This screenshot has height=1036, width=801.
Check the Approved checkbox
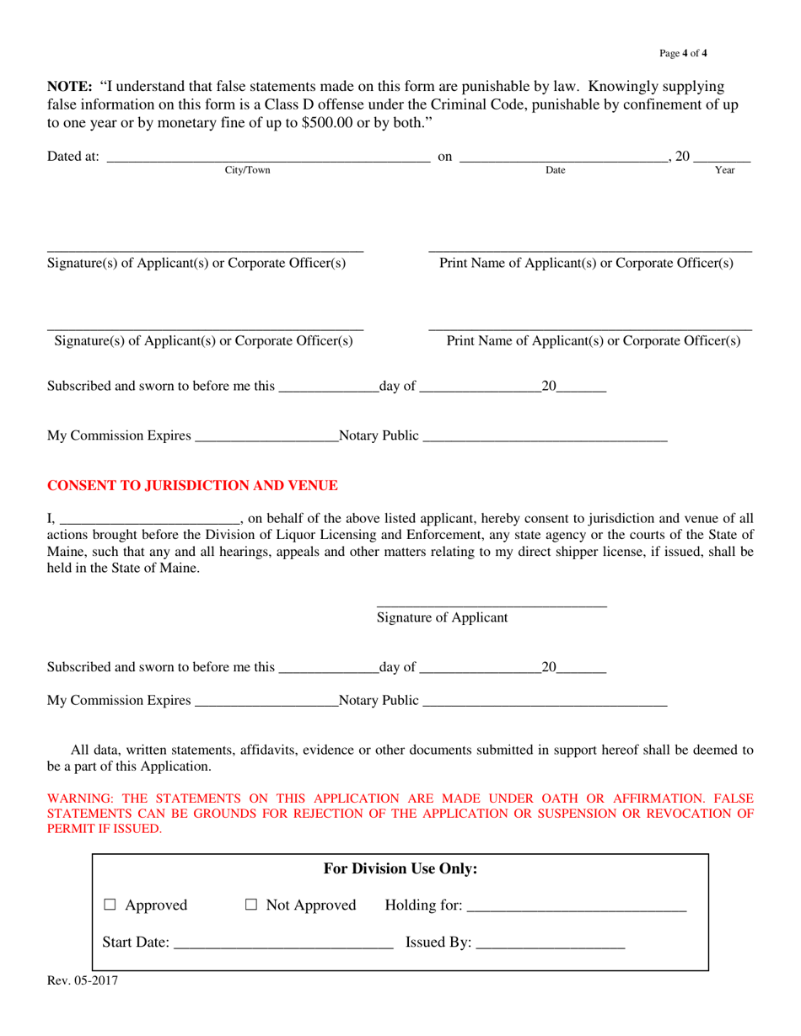click(110, 905)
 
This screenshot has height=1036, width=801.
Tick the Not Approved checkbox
click(251, 905)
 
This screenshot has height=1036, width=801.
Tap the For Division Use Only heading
click(400, 868)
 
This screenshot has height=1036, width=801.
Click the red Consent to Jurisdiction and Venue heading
click(192, 486)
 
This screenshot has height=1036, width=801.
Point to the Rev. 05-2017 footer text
click(83, 980)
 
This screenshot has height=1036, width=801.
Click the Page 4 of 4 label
click(683, 54)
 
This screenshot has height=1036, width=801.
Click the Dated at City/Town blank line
click(268, 158)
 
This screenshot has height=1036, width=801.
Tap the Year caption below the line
click(725, 170)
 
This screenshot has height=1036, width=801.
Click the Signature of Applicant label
click(442, 618)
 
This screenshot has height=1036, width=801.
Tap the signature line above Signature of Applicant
click(491, 604)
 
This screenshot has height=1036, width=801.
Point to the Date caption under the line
click(556, 170)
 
